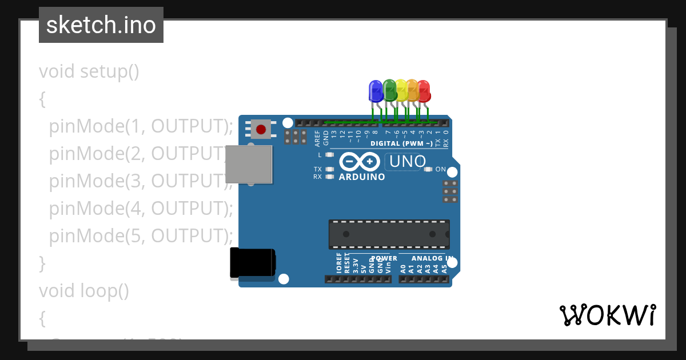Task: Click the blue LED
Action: (376, 91)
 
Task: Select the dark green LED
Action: (389, 90)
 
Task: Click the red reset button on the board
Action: (261, 129)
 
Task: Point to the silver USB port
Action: (249, 164)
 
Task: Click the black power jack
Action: (252, 263)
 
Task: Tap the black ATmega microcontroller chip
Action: (389, 234)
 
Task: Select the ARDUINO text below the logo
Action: (362, 177)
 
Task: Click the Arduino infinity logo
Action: (360, 162)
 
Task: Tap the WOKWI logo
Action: (608, 315)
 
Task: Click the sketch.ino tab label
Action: (101, 25)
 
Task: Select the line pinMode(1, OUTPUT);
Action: (141, 126)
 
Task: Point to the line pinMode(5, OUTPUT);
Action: (141, 235)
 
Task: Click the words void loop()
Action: (84, 291)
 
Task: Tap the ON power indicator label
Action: (441, 169)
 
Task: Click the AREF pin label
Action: (318, 138)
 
